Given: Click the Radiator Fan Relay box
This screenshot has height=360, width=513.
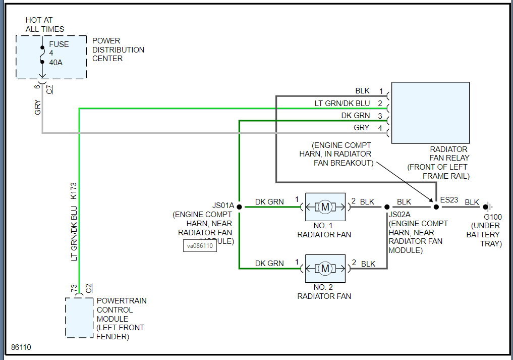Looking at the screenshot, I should tap(430, 113).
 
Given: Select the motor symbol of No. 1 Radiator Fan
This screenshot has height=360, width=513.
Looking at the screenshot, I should tap(325, 207).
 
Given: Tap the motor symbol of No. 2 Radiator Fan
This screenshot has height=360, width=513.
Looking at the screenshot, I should tap(325, 269).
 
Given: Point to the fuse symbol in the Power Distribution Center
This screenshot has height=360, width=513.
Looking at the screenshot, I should tap(42, 54).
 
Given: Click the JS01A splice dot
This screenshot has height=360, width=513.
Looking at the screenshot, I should tap(239, 207).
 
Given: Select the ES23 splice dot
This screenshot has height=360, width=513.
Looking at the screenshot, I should tap(436, 207).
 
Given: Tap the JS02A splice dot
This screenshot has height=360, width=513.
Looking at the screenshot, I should tap(387, 207).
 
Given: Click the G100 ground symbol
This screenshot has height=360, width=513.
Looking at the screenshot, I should tap(488, 207).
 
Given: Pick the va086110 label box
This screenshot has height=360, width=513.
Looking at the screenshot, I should tap(200, 246).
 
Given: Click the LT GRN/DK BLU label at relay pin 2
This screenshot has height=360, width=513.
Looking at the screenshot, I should tap(342, 104).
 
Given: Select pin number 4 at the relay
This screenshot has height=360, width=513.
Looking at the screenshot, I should tap(381, 128).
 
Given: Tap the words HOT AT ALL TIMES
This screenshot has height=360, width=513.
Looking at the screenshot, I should tap(45, 25).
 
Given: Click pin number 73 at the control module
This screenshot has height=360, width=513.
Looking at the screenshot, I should tap(74, 288).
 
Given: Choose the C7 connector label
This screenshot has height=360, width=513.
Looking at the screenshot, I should tap(49, 90).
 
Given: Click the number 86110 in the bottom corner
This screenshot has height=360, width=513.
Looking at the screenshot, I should tap(21, 348).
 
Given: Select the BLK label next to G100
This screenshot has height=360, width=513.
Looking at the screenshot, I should tap(472, 202).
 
